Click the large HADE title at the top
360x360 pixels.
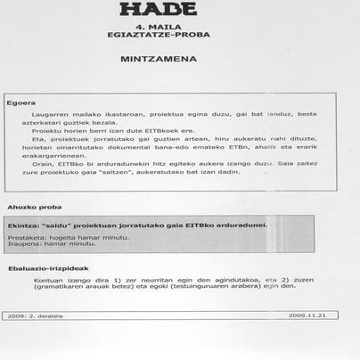[158, 10]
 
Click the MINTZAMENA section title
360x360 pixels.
[158, 64]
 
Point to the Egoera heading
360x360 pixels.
[21, 101]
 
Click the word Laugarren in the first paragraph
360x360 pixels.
[50, 115]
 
